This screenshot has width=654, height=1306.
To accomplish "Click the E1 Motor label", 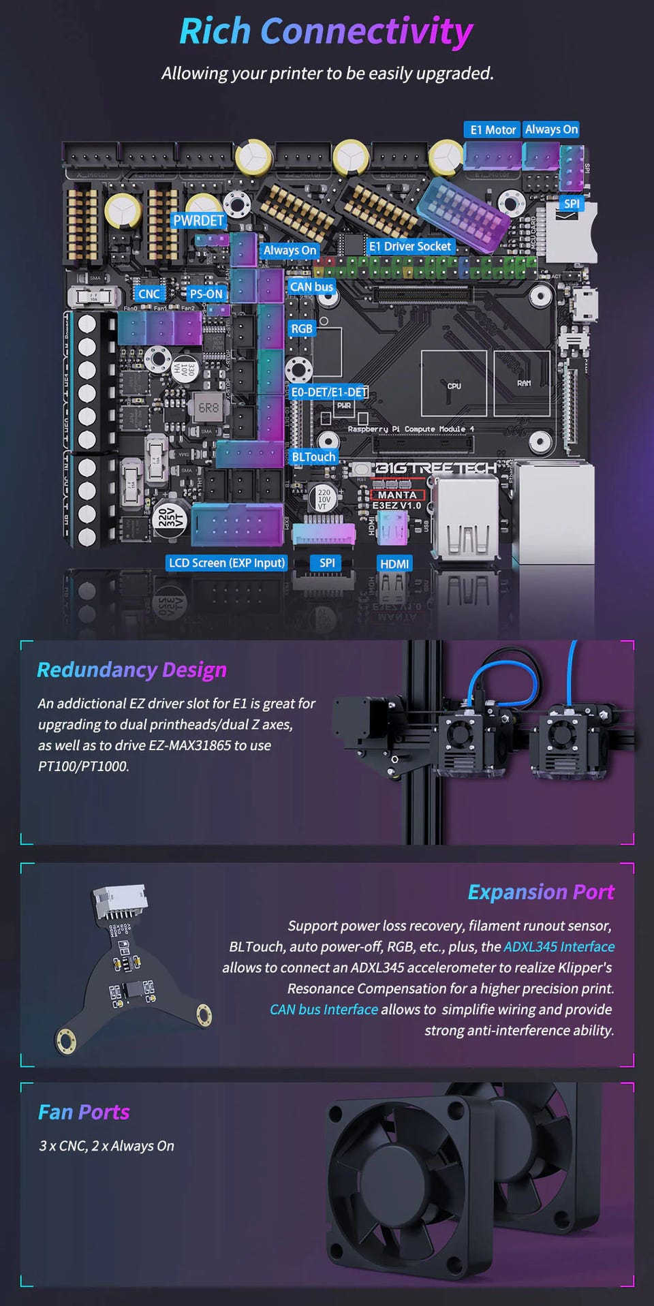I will click(493, 129).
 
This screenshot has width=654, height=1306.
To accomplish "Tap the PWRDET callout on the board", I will click(198, 220).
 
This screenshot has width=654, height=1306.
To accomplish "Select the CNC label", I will click(149, 294).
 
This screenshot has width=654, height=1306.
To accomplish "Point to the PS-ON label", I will click(206, 294).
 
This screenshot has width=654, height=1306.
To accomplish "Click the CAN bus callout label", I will click(311, 287).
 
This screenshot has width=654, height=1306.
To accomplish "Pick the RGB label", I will click(301, 328).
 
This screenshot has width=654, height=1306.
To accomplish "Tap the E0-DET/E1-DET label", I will click(329, 392).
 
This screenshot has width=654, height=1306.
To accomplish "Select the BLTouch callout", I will click(313, 456).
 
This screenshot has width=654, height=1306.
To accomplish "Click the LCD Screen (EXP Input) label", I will click(227, 563).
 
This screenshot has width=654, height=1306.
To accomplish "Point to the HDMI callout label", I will click(394, 563).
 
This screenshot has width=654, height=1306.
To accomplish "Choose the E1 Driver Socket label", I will click(410, 246).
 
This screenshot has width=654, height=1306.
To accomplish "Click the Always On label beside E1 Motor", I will click(551, 129).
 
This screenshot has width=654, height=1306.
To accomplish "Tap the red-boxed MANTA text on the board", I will click(397, 495).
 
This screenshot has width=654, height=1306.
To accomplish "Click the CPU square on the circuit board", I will click(454, 383).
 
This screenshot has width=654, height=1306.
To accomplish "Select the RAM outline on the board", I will click(523, 382).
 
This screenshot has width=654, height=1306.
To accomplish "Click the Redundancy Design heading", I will click(131, 670).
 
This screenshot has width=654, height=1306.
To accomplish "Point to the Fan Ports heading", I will click(84, 1112).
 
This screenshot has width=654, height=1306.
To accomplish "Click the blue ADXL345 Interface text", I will click(559, 946).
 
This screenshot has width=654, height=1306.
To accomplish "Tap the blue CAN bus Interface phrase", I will click(324, 1009).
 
